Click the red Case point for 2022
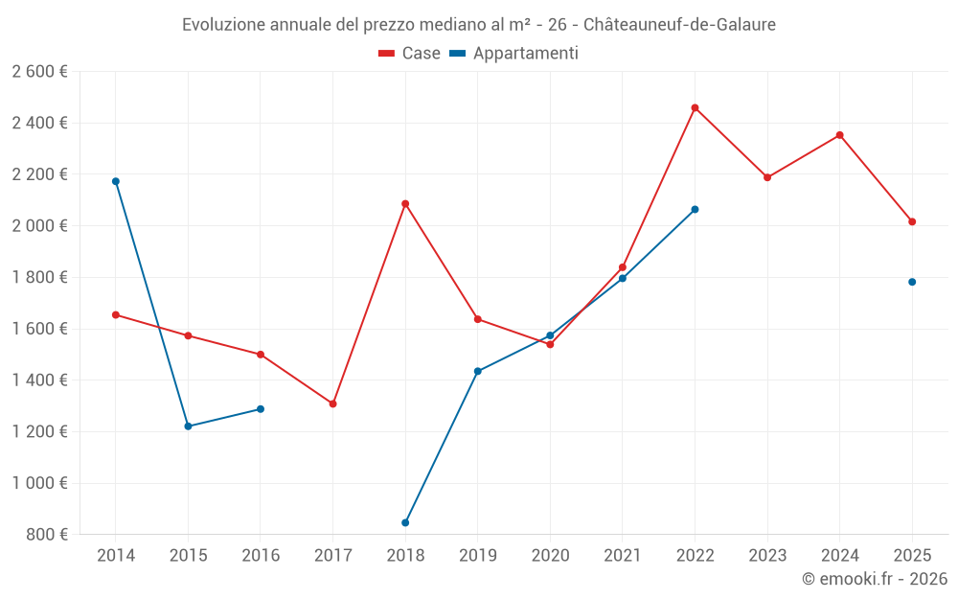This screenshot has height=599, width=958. coord(695,107)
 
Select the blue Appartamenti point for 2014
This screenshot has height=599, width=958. coord(116,181)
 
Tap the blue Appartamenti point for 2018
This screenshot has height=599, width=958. coord(405,522)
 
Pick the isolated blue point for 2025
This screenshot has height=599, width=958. coord(912,282)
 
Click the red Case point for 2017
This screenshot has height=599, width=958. coord(332,403)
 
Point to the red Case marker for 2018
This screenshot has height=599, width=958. coord(405,203)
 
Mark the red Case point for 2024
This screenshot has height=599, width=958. coord(839,135)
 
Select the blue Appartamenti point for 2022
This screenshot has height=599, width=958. coord(695,209)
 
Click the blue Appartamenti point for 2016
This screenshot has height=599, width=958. coord(261,409)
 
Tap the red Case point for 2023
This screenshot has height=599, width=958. coord(767,177)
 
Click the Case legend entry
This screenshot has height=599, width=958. coord(410,54)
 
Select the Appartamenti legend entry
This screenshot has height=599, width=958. coord(514,54)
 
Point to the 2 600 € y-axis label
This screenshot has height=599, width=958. coord(39,72)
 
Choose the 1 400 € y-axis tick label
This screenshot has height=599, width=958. coord(39,380)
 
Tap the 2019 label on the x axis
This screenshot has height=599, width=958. coord(477,556)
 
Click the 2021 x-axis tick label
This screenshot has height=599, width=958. coord(623,556)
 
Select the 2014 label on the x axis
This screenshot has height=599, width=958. coord(116,556)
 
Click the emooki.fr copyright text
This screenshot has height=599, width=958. coord(874,579)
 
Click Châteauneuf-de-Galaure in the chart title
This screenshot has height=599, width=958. coord(679,25)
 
